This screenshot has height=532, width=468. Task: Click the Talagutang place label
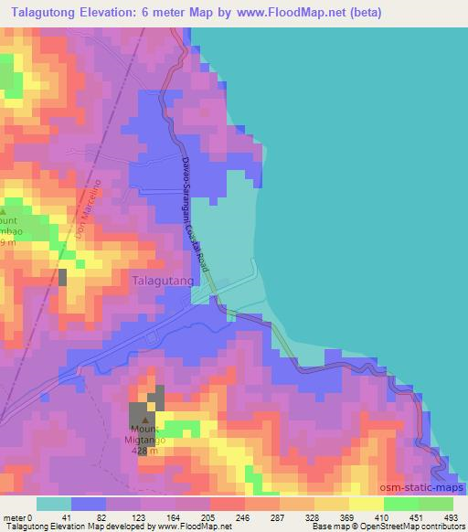163,282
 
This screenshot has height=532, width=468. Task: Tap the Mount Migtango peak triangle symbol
144,420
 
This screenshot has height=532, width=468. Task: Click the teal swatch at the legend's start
54,504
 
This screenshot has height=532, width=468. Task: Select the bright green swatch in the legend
400,504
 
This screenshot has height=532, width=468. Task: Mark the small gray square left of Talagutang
64,277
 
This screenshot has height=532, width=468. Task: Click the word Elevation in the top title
116,13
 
